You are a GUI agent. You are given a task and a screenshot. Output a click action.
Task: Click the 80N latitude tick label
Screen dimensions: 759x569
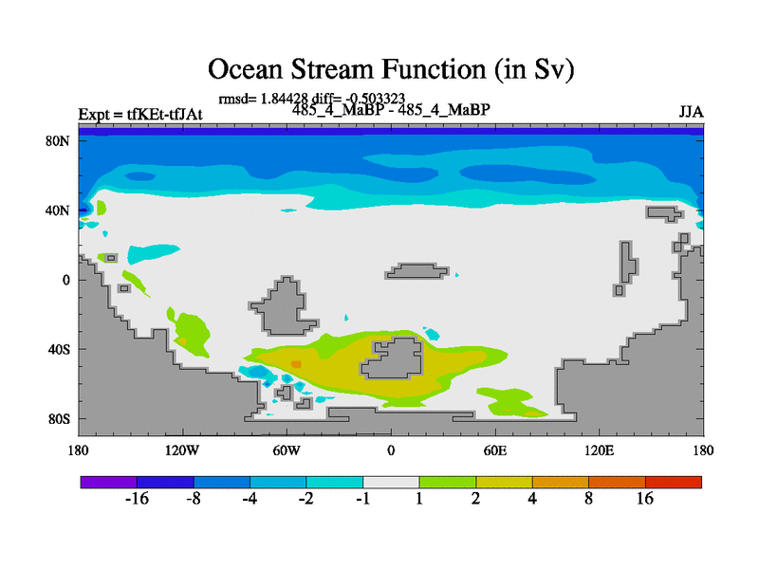[57, 141]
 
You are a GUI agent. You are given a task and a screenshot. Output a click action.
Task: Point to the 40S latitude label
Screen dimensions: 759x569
[59, 349]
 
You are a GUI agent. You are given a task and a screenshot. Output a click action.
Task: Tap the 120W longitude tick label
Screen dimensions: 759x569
[182, 450]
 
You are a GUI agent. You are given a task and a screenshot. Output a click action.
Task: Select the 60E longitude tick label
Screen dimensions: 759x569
[495, 450]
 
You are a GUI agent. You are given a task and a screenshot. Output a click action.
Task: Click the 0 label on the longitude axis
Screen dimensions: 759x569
[391, 450]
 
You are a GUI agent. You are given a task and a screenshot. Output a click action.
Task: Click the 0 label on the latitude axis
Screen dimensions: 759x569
[65, 280]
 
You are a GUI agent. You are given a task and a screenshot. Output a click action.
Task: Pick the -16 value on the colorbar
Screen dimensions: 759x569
[137, 498]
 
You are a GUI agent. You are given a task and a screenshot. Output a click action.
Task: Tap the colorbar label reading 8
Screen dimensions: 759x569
[588, 498]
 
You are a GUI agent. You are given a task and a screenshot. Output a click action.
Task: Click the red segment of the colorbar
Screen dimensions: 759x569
[674, 482]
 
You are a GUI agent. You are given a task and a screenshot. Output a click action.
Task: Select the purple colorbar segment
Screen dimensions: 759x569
[109, 482]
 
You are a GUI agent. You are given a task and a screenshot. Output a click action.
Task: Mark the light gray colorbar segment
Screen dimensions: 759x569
[391, 482]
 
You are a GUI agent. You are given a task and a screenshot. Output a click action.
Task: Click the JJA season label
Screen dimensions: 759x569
[691, 112]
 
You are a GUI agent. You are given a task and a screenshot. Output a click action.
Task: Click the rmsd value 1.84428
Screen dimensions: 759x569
[284, 99]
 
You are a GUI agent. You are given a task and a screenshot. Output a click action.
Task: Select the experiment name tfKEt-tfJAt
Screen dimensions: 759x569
[164, 114]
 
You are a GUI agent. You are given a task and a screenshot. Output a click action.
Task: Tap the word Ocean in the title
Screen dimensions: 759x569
[245, 68]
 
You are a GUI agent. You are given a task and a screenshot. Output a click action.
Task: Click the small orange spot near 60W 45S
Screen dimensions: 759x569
[296, 363]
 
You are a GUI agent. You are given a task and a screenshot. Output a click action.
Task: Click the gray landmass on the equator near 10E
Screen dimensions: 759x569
[417, 271]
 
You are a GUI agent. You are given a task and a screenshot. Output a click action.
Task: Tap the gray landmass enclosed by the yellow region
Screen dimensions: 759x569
[392, 358]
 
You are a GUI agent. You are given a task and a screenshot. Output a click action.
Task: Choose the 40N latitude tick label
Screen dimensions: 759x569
[57, 211]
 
